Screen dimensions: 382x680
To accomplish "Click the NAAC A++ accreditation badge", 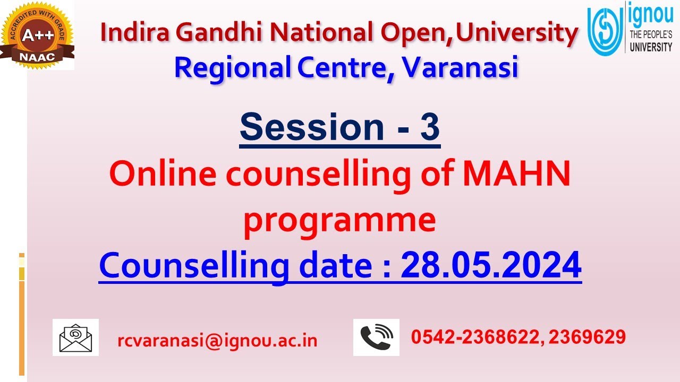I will (x=37, y=36).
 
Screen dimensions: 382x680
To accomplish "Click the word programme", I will (x=339, y=221).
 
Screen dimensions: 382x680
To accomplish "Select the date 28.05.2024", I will (x=491, y=265).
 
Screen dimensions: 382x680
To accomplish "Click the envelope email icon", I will (x=75, y=337).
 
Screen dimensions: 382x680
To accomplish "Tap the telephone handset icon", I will (x=376, y=337).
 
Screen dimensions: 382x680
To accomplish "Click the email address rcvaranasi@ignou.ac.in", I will (x=217, y=341).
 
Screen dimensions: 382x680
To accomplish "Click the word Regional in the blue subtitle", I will (x=232, y=67).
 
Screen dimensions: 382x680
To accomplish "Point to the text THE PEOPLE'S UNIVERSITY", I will (x=650, y=41).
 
